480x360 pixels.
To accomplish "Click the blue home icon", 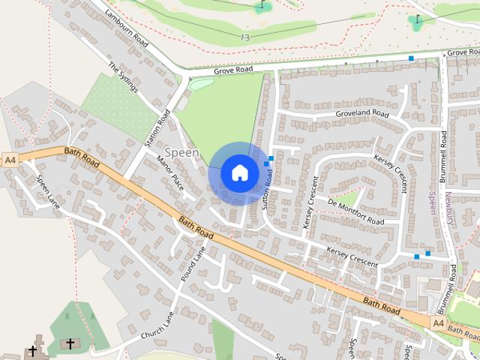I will click(239, 172).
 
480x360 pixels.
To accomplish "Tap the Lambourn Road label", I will click(127, 26).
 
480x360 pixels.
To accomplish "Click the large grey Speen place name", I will click(182, 153).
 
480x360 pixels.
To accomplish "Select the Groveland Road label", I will click(362, 114).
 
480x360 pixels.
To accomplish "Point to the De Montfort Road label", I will click(355, 211).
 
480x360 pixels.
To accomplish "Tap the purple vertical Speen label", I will click(431, 202).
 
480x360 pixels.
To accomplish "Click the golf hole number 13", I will click(245, 37).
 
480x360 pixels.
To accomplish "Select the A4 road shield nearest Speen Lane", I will click(10, 160).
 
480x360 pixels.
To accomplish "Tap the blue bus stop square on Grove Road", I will click(411, 58).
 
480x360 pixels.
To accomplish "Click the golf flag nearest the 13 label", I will click(262, 7).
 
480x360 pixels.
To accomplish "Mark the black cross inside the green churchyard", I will click(70, 343).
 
